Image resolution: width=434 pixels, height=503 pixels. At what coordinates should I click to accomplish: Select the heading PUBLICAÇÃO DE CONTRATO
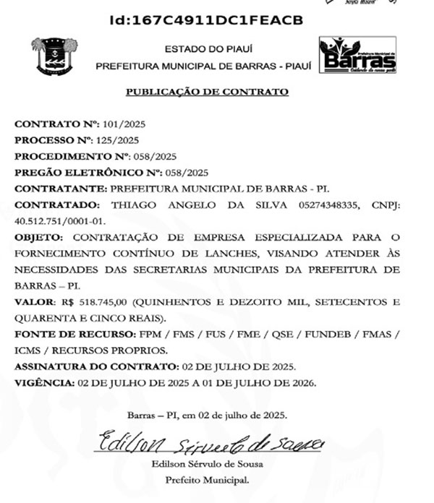208,92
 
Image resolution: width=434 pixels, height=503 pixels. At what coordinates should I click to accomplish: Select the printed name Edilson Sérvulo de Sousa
207,463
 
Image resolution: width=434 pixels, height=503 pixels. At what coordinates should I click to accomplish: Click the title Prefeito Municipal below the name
207,479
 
